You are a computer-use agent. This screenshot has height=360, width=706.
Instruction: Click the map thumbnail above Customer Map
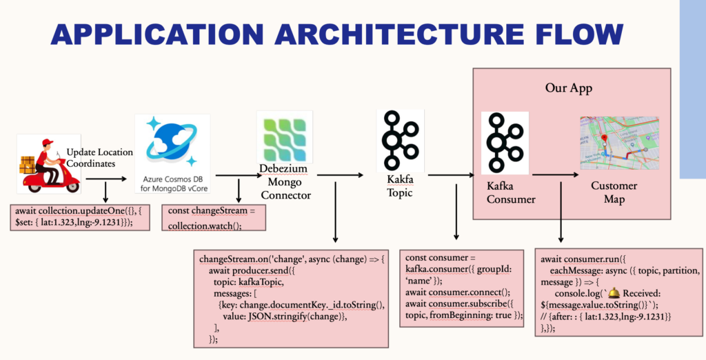pos(619,143)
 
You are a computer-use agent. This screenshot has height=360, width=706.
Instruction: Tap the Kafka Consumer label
pos(512,192)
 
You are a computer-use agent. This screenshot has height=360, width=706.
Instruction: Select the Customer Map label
pos(614,192)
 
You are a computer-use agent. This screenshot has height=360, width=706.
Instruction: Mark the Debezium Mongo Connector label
pos(285,181)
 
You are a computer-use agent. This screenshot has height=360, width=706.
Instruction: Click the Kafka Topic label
pos(399,186)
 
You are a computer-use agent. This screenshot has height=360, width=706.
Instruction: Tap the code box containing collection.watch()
pos(213,215)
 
